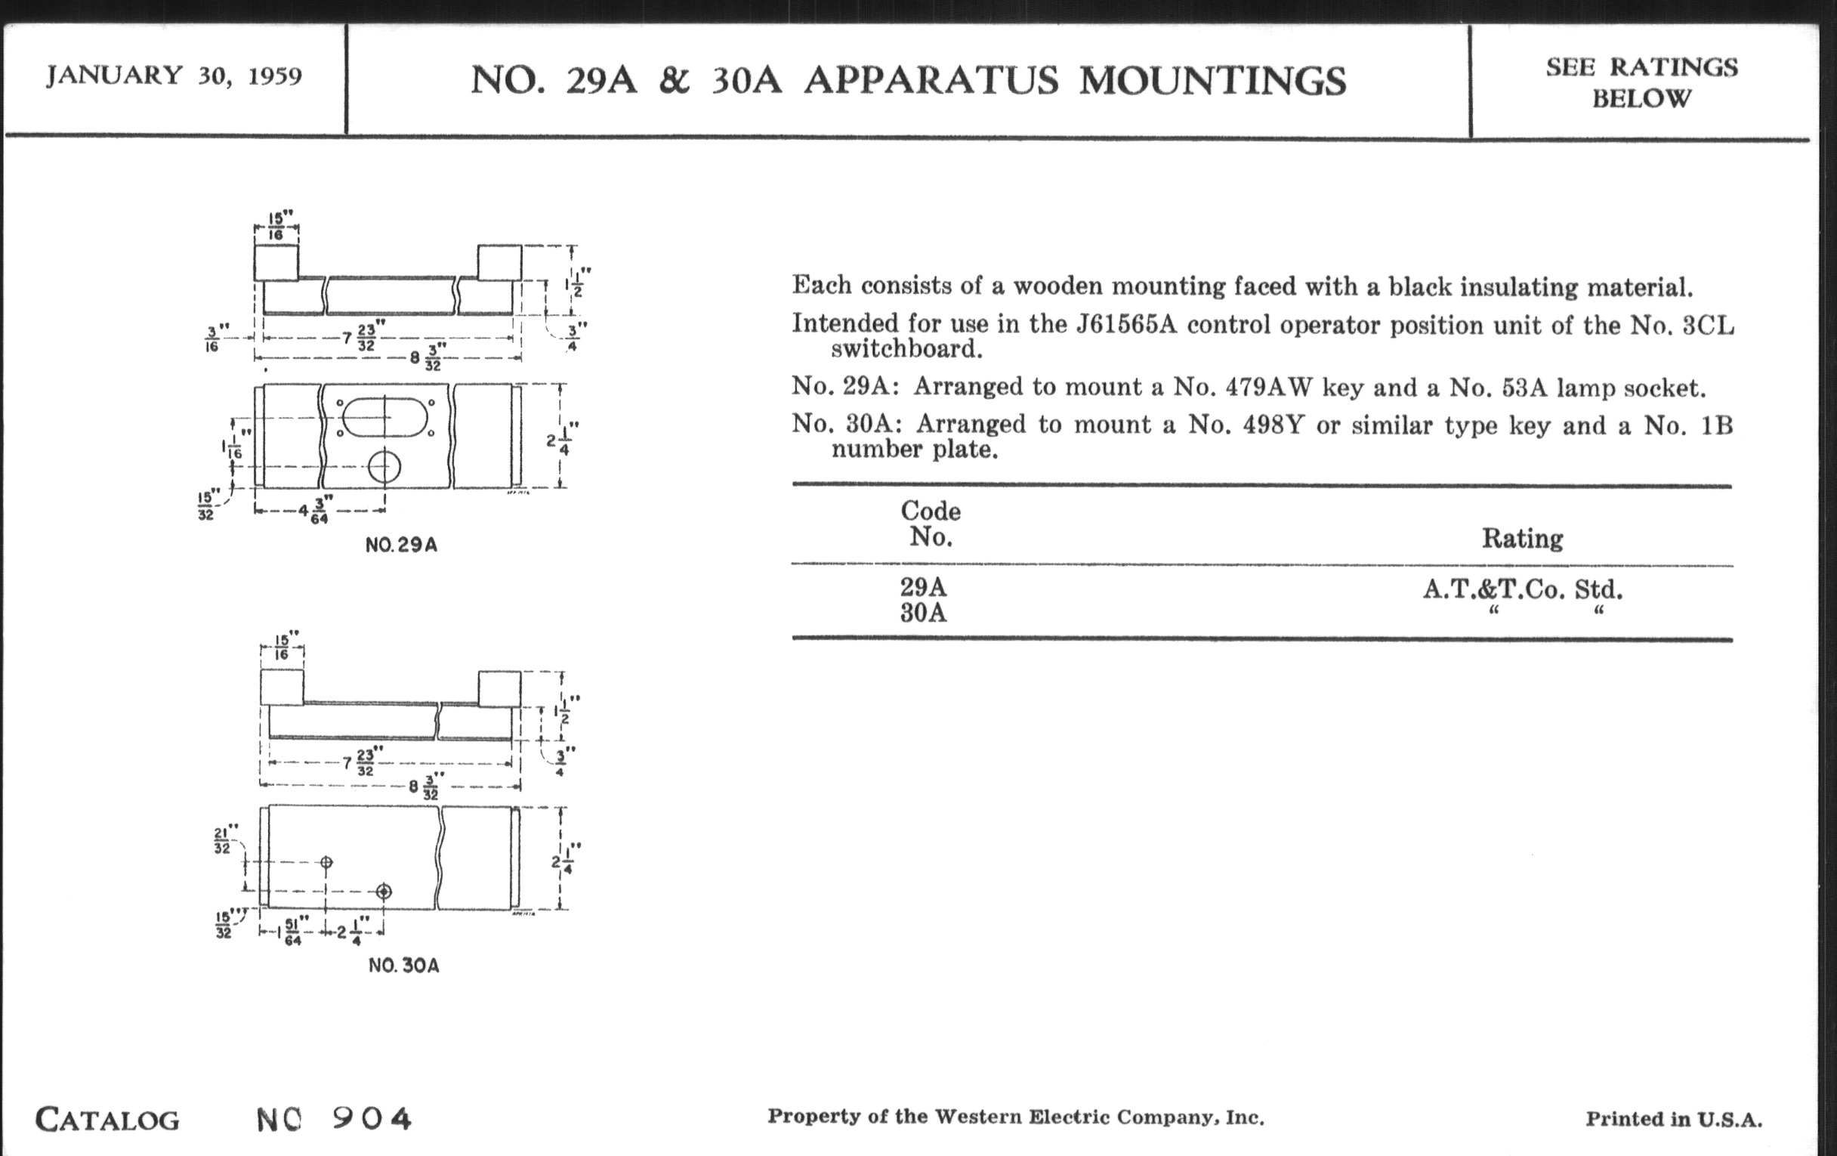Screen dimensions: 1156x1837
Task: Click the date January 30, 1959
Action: point(174,76)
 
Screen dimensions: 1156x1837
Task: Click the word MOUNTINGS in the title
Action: point(1212,81)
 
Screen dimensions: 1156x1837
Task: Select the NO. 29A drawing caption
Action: point(401,545)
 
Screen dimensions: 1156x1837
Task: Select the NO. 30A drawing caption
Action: point(403,966)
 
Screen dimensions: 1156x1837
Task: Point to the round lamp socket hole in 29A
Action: point(384,467)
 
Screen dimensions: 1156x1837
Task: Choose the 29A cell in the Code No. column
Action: point(923,587)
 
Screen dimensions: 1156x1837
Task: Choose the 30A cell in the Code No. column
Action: point(923,613)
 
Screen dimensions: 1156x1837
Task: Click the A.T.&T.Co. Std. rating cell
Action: point(1522,589)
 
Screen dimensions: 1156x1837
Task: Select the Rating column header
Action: point(1522,539)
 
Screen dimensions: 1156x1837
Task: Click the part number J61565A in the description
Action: point(1126,325)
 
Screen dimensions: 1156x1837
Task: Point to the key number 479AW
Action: point(1269,388)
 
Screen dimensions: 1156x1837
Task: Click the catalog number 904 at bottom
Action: point(372,1119)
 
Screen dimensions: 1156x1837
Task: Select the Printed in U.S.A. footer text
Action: point(1674,1120)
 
